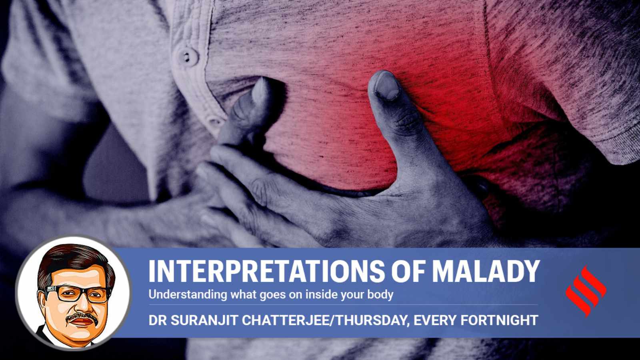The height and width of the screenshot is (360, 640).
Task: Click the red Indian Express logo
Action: tap(586, 292)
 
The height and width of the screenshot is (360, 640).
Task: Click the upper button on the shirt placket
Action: tap(188, 56)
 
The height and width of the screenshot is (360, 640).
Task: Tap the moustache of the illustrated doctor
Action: tap(80, 316)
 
